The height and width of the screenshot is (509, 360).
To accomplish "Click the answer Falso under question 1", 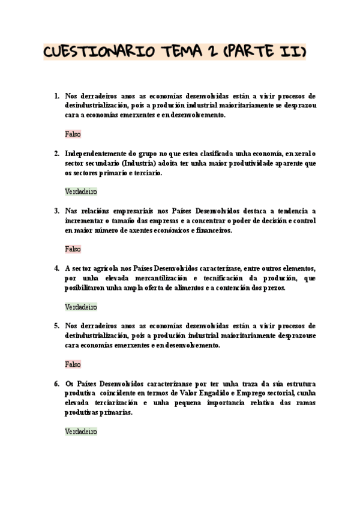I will [x=73, y=134].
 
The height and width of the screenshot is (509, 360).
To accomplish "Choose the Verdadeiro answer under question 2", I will [x=80, y=191].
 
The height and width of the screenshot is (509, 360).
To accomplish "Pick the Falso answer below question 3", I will [x=73, y=249].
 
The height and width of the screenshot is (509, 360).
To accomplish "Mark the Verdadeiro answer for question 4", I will [x=80, y=307].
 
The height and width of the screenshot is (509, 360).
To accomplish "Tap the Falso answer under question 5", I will [x=73, y=364].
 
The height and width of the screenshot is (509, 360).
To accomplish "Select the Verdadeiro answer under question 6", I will [x=80, y=432].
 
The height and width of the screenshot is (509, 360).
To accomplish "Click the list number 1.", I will [x=56, y=95].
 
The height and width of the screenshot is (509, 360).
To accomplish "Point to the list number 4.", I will [x=56, y=268].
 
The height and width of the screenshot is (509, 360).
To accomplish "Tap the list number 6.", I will [x=56, y=384].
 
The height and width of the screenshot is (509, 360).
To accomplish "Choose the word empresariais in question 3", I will [x=131, y=211].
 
